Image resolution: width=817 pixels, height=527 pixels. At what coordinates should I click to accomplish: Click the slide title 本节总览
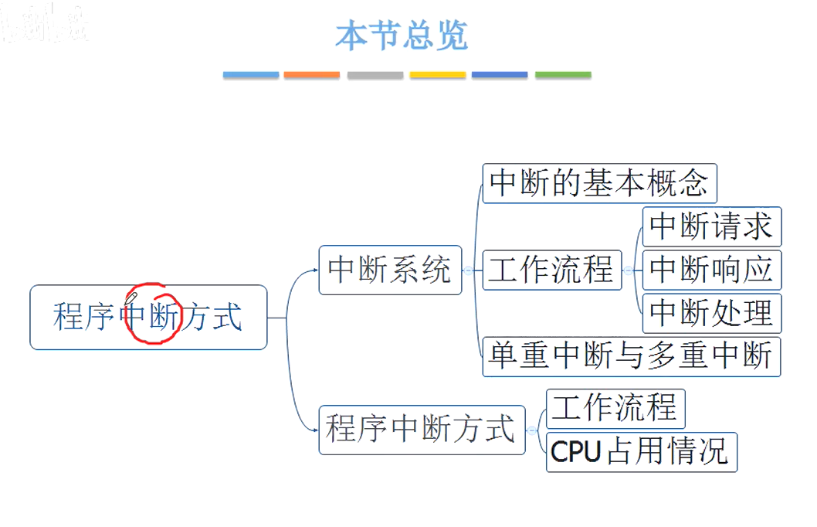[x=402, y=36]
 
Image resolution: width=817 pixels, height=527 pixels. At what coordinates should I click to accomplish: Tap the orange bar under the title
[x=311, y=75]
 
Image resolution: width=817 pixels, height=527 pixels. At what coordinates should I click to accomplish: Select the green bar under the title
[x=563, y=75]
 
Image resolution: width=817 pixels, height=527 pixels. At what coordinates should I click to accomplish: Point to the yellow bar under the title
[x=437, y=75]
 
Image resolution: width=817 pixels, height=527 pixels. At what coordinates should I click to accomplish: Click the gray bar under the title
[x=375, y=75]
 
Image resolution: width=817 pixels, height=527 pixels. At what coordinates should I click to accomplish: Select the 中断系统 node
[x=390, y=270]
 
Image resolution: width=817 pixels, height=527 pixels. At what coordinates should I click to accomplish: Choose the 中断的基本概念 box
[x=599, y=183]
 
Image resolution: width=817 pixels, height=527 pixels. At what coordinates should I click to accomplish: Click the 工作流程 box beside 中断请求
[x=551, y=270]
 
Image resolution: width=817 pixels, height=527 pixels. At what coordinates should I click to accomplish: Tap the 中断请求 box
[x=711, y=226]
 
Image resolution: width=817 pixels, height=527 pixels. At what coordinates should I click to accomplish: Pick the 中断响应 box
[x=711, y=270]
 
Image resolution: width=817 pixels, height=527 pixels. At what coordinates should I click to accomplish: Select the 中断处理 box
[x=711, y=313]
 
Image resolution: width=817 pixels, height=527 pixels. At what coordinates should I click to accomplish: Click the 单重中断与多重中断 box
[x=631, y=356]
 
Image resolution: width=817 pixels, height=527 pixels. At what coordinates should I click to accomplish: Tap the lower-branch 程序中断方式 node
[x=421, y=429]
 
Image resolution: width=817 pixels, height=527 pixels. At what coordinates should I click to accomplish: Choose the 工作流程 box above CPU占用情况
[x=615, y=407]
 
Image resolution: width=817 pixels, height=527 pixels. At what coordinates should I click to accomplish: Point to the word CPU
[x=576, y=452]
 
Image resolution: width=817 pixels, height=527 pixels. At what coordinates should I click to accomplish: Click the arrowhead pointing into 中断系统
[x=315, y=270]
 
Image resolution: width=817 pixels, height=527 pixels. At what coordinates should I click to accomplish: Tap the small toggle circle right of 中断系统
[x=468, y=270]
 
